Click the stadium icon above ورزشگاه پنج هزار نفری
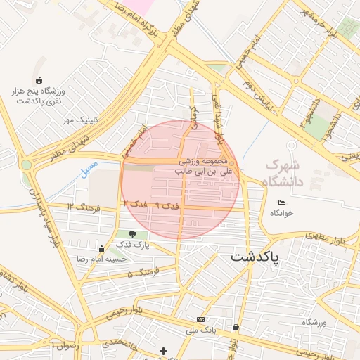click(x=39, y=79)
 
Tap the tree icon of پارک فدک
click(x=133, y=234)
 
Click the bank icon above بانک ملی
click(x=202, y=319)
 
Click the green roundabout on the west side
click(x=27, y=165)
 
